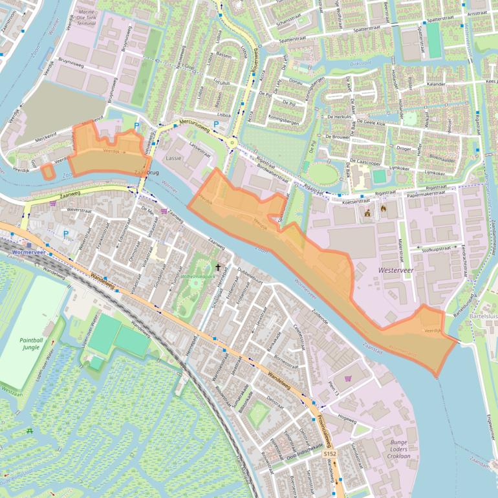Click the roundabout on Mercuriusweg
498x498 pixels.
click(232, 142)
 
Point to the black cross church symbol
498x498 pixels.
click(218, 266)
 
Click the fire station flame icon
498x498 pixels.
click(383, 209)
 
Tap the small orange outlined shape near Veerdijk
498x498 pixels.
click(47, 171)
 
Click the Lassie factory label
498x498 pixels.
click(173, 158)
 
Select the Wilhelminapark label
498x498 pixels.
click(199, 277)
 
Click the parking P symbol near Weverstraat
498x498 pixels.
click(66, 233)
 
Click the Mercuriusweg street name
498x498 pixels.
click(194, 126)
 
